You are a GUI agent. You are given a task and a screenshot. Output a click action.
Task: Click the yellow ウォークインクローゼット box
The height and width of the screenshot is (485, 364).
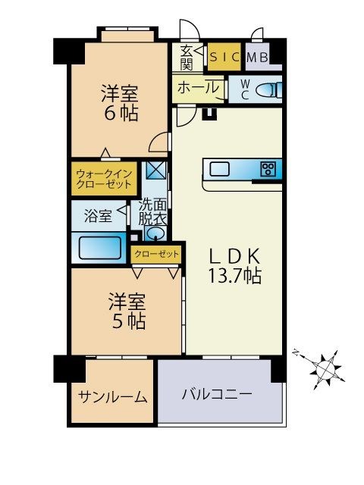[104, 178]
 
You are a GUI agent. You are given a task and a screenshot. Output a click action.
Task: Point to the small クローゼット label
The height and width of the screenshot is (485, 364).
[157, 254]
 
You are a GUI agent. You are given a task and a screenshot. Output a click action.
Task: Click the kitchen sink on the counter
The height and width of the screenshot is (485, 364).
[220, 168]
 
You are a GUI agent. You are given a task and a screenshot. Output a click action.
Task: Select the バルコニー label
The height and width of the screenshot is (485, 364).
[216, 395]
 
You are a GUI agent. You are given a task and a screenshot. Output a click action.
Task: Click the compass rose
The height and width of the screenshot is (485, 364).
[327, 369]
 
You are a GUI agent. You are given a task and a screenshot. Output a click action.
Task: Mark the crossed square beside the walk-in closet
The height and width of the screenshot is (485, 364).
[155, 171]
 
